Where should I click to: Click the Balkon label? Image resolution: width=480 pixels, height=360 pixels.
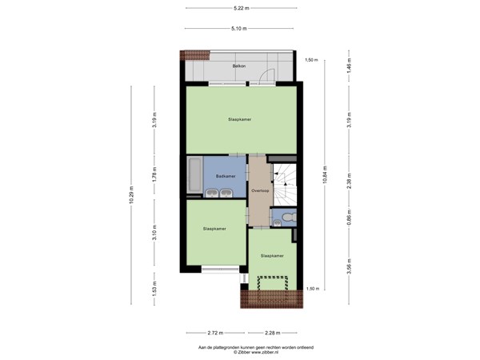tap(238, 66)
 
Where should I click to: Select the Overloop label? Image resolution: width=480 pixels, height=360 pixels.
tap(259, 191)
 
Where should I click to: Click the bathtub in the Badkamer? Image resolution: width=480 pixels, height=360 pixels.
tap(194, 175)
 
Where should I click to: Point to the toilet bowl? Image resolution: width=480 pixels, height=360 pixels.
tap(288, 217)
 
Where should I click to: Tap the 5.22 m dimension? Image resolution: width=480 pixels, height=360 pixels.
tap(240, 8)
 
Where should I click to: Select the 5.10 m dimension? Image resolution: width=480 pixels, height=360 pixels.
tap(238, 28)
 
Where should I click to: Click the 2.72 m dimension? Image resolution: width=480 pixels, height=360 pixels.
tap(214, 332)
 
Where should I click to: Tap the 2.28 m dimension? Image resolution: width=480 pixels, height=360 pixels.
tap(273, 332)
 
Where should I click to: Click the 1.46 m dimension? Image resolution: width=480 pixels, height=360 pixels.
tap(349, 69)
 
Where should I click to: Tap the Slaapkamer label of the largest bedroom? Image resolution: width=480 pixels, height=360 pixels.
tap(240, 119)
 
